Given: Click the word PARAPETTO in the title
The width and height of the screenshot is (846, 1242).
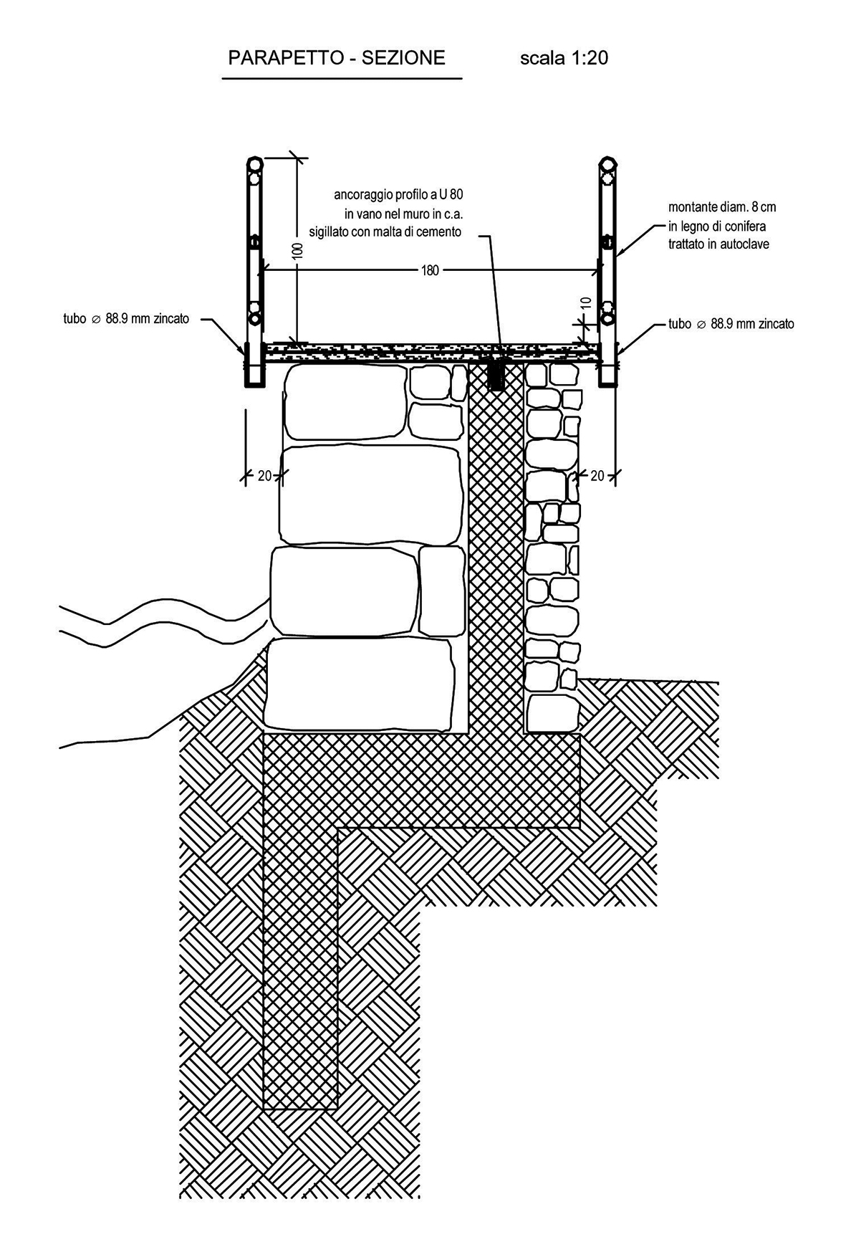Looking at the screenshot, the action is (284, 58).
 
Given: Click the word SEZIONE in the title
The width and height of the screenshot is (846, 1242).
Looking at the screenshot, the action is (403, 58).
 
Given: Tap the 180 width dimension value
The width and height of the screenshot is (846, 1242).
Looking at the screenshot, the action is (430, 270).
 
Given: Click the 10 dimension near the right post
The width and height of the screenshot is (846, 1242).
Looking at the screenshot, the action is (586, 303).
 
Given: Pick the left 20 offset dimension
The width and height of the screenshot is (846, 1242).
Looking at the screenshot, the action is (264, 475).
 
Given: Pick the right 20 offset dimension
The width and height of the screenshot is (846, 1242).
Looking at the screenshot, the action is (597, 475).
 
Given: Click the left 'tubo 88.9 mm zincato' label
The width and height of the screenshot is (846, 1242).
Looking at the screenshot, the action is (126, 319).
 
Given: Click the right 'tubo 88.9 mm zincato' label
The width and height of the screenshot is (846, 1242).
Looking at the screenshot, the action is (731, 324).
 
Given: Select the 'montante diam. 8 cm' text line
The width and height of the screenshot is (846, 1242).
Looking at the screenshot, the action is (722, 207).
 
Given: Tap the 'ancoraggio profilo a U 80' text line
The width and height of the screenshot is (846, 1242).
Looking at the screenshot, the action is (398, 194).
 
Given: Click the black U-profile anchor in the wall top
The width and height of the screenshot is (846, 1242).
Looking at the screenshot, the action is (495, 372).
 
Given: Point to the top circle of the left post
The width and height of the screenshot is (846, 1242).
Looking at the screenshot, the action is (255, 164).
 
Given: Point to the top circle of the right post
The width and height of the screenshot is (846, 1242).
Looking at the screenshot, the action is (607, 164).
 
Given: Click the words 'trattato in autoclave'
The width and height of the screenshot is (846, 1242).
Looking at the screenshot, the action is (719, 244).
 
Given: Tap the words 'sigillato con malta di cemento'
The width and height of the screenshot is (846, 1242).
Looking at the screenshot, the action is (385, 231).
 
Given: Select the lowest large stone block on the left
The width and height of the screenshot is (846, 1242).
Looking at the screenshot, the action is (358, 683).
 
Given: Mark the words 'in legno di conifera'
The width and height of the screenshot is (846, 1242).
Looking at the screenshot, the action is (717, 226).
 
